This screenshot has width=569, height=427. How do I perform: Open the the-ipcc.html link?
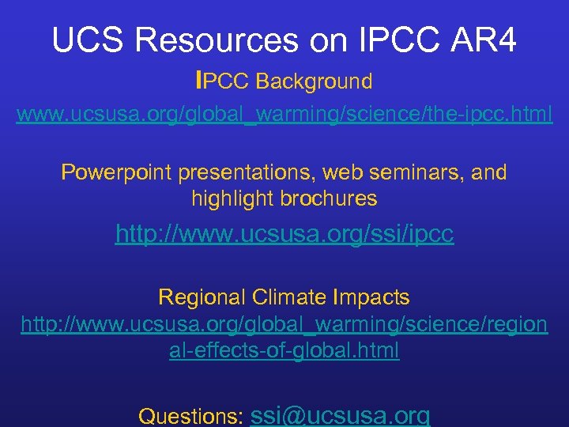[284, 115]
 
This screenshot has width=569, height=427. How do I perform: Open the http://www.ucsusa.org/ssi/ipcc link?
[284, 234]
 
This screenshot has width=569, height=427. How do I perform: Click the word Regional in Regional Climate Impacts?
[202, 297]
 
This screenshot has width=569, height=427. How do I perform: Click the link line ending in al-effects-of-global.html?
[284, 350]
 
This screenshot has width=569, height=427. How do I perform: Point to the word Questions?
[190, 416]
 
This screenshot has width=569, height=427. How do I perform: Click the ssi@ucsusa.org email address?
[340, 415]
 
